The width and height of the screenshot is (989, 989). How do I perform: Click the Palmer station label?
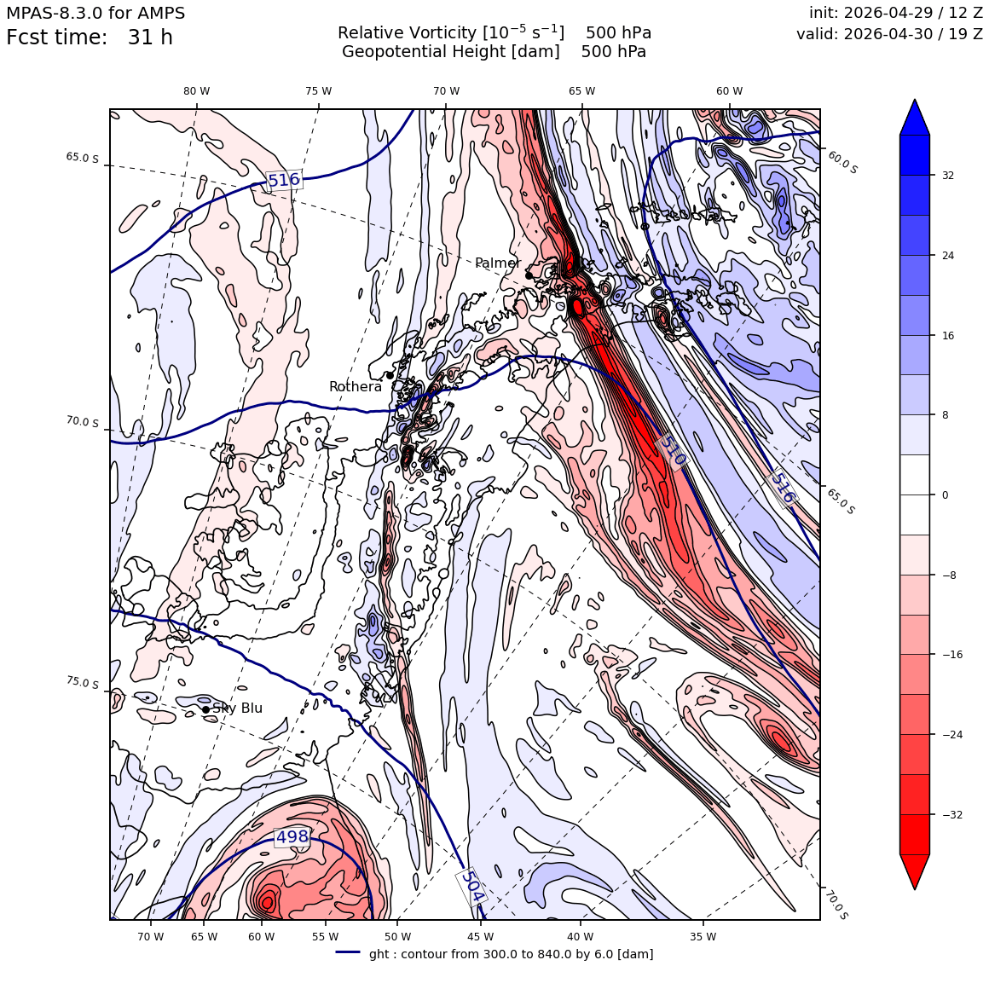pos(498,263)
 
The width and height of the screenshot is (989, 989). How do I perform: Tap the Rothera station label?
pos(356,386)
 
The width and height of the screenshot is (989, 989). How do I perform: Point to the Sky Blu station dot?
pos(205,709)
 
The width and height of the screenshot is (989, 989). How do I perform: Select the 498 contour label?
pos(292,837)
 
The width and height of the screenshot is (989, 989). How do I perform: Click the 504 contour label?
pos(471,886)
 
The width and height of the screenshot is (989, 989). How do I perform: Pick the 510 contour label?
pos(671,450)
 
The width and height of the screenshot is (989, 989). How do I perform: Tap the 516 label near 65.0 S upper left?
pos(284,181)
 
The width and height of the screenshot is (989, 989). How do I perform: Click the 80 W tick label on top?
pos(197,91)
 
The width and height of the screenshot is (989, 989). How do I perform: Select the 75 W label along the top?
pos(319,91)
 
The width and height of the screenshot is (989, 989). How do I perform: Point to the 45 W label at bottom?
pos(480,937)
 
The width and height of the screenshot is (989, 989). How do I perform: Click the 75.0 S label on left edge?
pos(83,682)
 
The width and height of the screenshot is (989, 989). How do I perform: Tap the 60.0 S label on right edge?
pos(842,163)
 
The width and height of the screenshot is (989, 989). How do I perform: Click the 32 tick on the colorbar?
pos(948,176)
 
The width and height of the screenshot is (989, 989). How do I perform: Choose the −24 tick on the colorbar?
pos(952,734)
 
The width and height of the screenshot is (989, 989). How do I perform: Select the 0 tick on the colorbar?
pos(945,495)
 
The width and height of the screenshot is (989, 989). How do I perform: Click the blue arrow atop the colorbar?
pos(915,118)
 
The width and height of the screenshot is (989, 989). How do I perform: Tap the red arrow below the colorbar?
pos(915,871)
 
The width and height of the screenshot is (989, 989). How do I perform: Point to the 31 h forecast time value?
pos(150,38)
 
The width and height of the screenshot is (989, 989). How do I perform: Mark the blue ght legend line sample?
pos(348,952)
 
